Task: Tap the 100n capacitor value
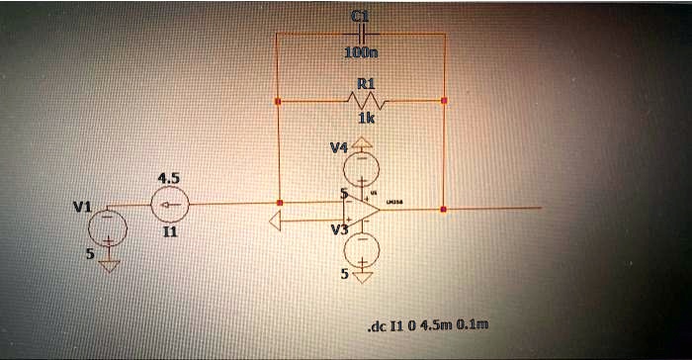359,52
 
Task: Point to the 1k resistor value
365,118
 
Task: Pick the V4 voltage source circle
363,162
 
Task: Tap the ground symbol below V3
363,278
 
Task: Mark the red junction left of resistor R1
279,101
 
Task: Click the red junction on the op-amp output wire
444,210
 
